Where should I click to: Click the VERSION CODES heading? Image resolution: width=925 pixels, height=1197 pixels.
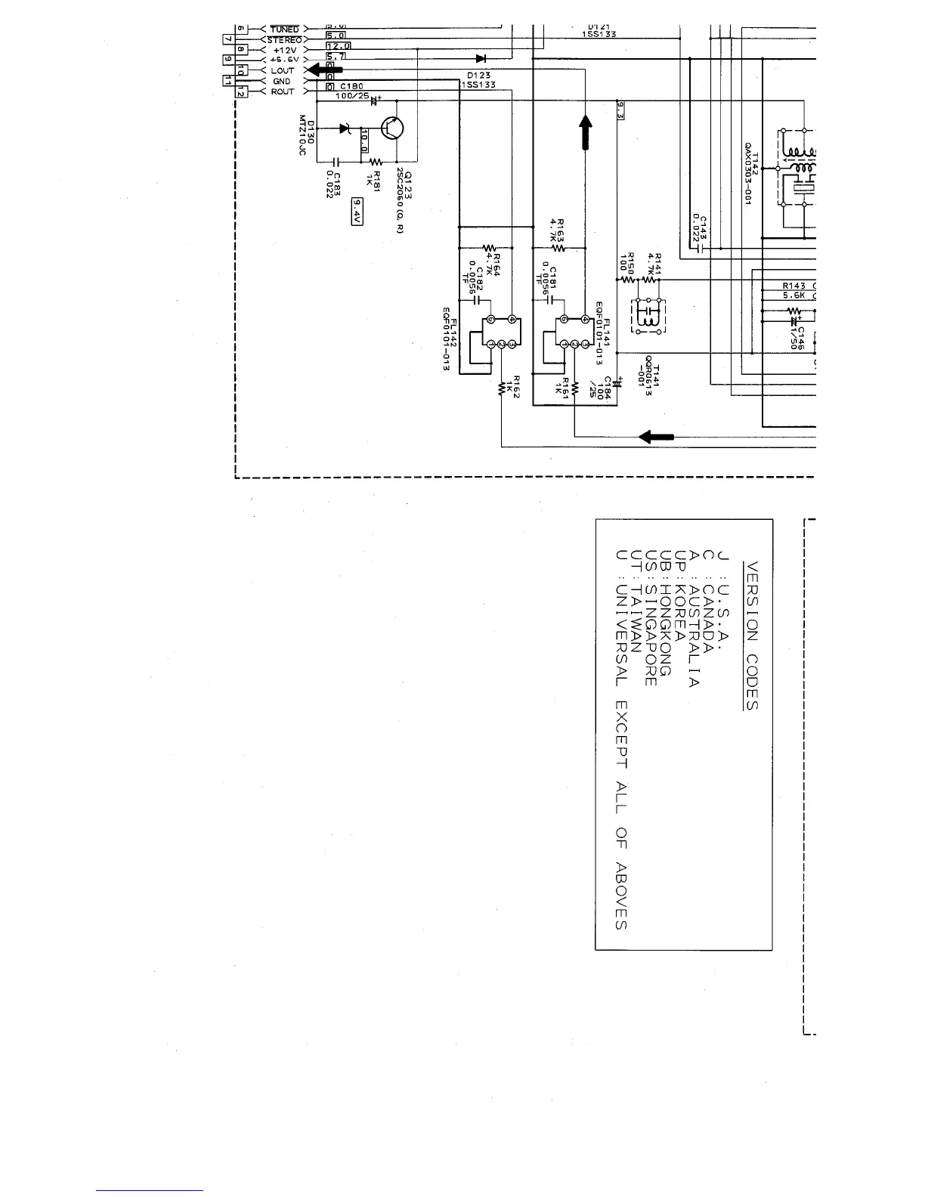coord(750,635)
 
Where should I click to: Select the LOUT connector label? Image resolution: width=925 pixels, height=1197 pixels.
coord(283,70)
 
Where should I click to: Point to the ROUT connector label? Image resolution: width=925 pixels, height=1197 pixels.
coord(283,91)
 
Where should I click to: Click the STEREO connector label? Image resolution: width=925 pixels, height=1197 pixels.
coord(284,39)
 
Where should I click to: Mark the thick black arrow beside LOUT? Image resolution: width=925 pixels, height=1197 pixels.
coord(323,70)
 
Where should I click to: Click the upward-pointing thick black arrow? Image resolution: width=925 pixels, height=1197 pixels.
coord(586,131)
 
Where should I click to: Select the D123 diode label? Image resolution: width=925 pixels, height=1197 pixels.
coord(478,76)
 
